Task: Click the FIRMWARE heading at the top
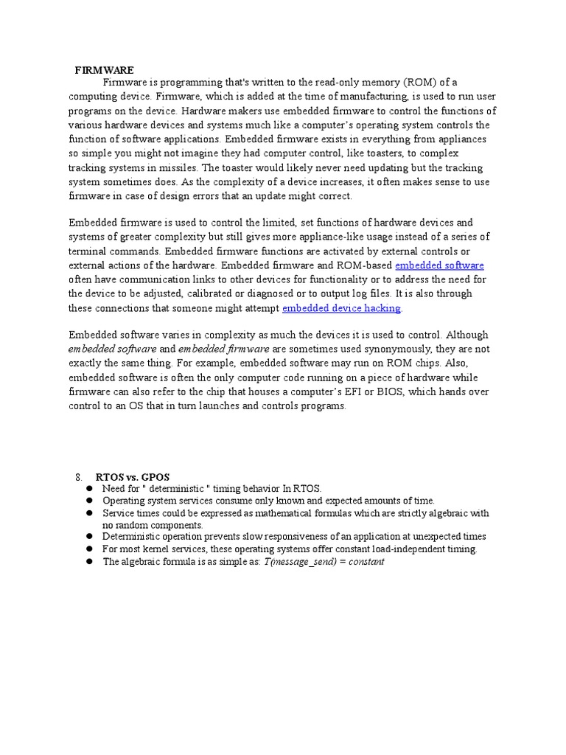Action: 105,70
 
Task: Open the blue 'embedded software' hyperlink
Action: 439,265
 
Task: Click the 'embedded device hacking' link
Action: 341,308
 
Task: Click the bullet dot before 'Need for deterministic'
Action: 88,489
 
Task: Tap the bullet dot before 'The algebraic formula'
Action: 88,562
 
